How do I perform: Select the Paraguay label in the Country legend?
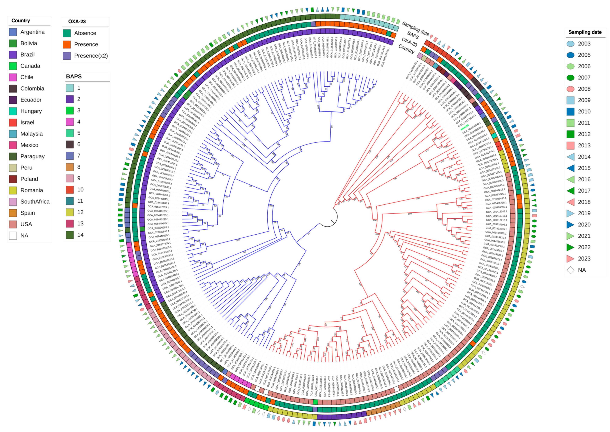click(32, 156)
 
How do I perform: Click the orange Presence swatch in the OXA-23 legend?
click(67, 44)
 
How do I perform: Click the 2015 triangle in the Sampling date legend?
click(570, 168)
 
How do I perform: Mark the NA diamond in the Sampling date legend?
click(570, 270)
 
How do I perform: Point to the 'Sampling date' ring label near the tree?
click(415, 29)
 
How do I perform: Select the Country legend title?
click(21, 21)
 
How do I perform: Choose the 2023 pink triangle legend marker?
click(570, 259)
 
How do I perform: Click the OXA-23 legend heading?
click(77, 22)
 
